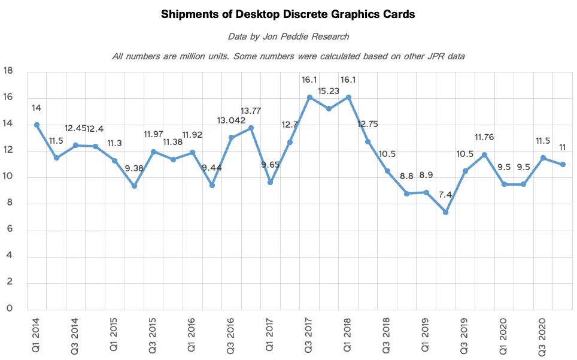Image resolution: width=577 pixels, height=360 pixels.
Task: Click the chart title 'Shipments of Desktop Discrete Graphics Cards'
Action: coord(288,15)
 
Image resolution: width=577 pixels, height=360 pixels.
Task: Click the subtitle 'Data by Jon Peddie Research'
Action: coord(288,37)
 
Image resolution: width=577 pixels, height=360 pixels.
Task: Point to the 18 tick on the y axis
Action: coord(8,71)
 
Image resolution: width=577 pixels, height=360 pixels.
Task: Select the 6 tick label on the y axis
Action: coord(9,229)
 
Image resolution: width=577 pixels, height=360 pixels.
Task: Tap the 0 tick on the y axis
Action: coord(9,308)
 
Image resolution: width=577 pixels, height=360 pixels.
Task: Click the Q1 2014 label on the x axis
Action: coord(36,335)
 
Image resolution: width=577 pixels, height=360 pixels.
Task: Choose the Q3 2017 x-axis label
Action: coord(308,335)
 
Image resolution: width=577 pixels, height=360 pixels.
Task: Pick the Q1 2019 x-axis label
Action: coord(425,335)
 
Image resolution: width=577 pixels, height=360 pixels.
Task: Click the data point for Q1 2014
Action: coord(37,125)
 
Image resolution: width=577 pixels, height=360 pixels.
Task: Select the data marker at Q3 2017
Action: coord(309,97)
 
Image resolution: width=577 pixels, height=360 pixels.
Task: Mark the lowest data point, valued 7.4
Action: coord(446,213)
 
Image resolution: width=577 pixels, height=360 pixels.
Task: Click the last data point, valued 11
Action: coord(563,165)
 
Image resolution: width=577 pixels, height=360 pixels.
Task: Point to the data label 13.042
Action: coord(231,121)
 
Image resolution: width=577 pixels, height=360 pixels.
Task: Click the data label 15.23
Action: coord(329,91)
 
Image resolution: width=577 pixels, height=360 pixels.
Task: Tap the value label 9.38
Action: coord(134,168)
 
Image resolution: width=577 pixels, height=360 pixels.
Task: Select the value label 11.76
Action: coord(484,137)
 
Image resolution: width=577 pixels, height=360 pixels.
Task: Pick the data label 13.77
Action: coord(251,111)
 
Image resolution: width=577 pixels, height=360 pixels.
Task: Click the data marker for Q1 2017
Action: coord(271,182)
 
